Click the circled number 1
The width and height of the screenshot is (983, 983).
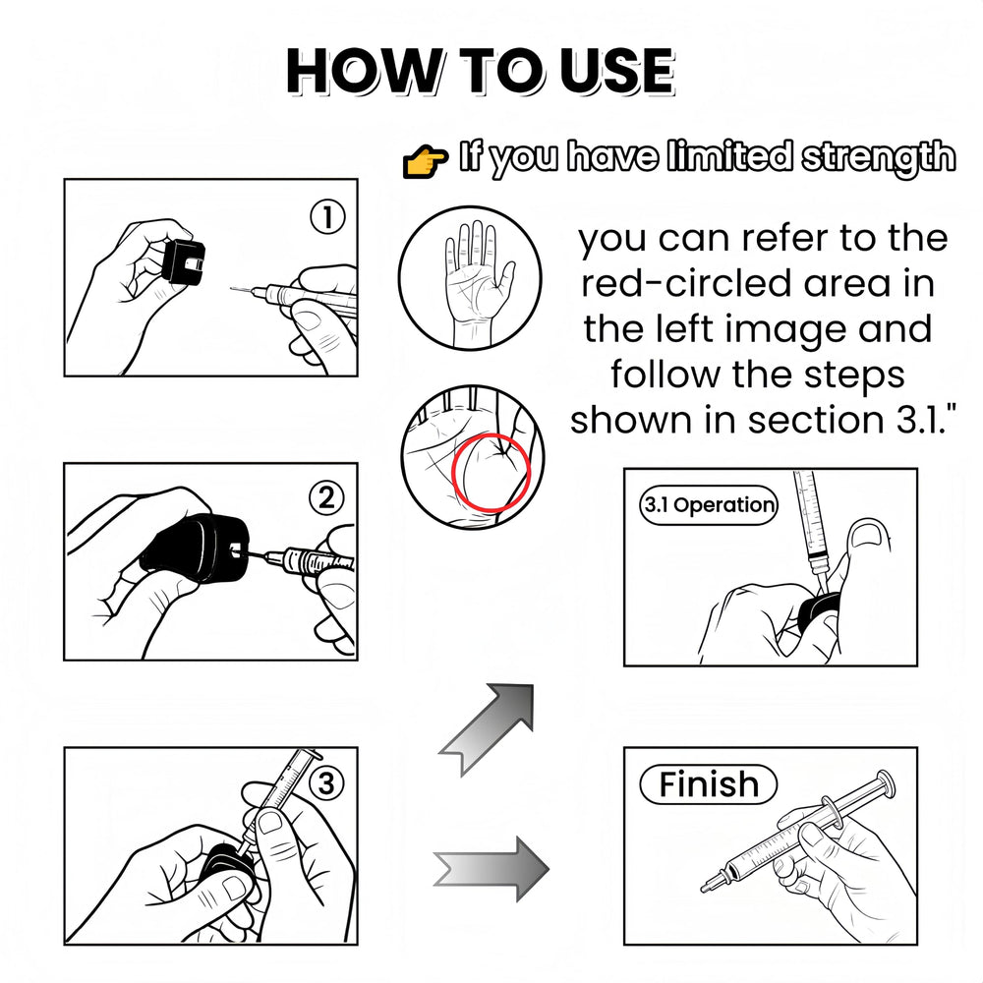click(x=327, y=217)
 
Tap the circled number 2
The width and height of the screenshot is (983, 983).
click(x=326, y=498)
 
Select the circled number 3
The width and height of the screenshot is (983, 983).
click(x=326, y=783)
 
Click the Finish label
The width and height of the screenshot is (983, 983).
click(x=708, y=783)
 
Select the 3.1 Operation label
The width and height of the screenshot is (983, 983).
click(x=709, y=504)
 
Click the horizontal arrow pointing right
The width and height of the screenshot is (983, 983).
click(x=491, y=868)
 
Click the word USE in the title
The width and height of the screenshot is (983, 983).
click(x=617, y=70)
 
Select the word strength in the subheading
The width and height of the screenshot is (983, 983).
click(x=879, y=156)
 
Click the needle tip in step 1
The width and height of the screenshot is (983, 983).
click(x=231, y=289)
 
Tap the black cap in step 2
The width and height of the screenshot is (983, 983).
click(x=195, y=547)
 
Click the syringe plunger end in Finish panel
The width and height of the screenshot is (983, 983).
click(x=887, y=783)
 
